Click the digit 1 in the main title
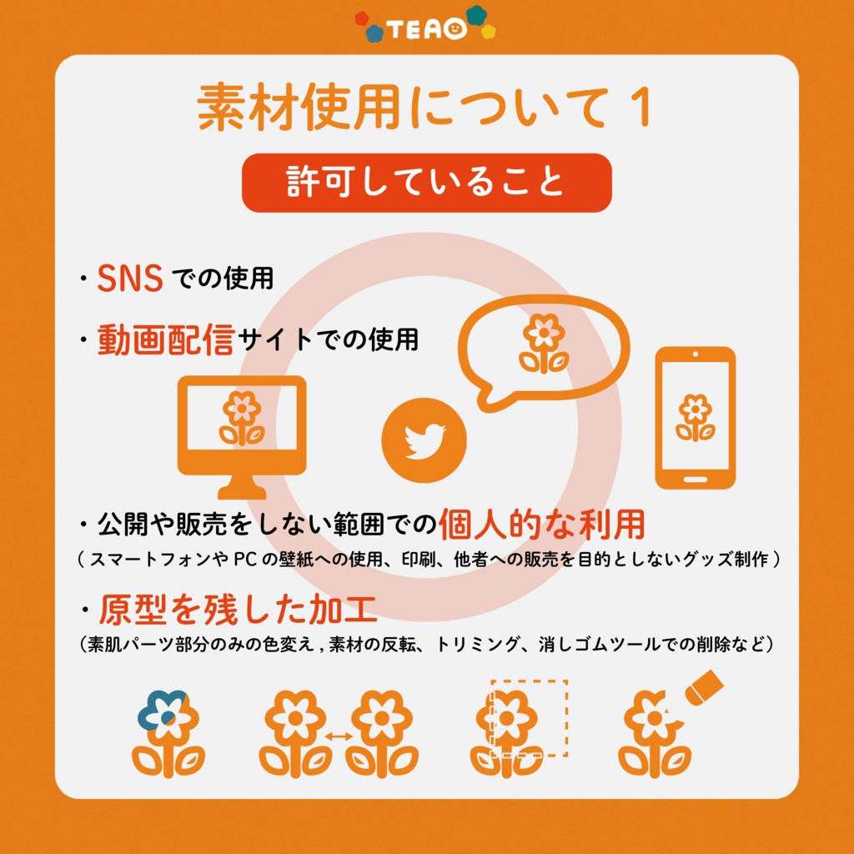tap(640, 108)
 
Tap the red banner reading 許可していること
tap(426, 183)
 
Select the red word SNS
tap(130, 279)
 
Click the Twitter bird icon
tap(424, 440)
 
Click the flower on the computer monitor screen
tap(242, 418)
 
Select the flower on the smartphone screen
tap(695, 418)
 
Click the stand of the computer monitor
tap(242, 487)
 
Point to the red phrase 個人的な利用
tap(542, 525)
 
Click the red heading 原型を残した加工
tap(238, 612)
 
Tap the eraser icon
tap(703, 687)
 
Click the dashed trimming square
tap(530, 718)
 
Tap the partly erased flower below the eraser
tap(654, 734)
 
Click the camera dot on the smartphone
tap(695, 354)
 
